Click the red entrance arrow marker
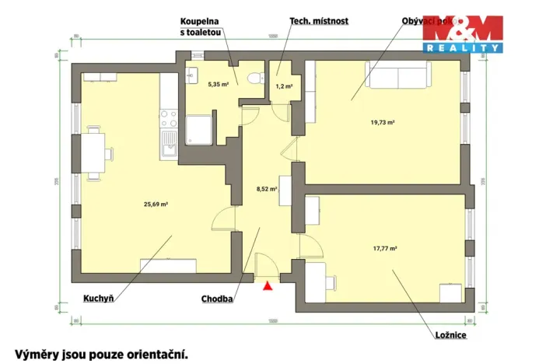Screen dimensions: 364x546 pyautogui.click(x=268, y=286)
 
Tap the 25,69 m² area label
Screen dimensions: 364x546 pyautogui.click(x=156, y=205)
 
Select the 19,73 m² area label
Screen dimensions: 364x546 pyautogui.click(x=383, y=122)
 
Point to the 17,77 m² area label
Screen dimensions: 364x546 pyautogui.click(x=384, y=249)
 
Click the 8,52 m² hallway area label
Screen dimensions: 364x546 pyautogui.click(x=267, y=187)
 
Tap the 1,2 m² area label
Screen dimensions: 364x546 pyautogui.click(x=284, y=86)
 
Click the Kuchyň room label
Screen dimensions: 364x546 pyautogui.click(x=99, y=298)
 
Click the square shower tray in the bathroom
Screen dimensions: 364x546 pyautogui.click(x=200, y=129)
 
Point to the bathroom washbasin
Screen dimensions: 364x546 pyautogui.click(x=194, y=75)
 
